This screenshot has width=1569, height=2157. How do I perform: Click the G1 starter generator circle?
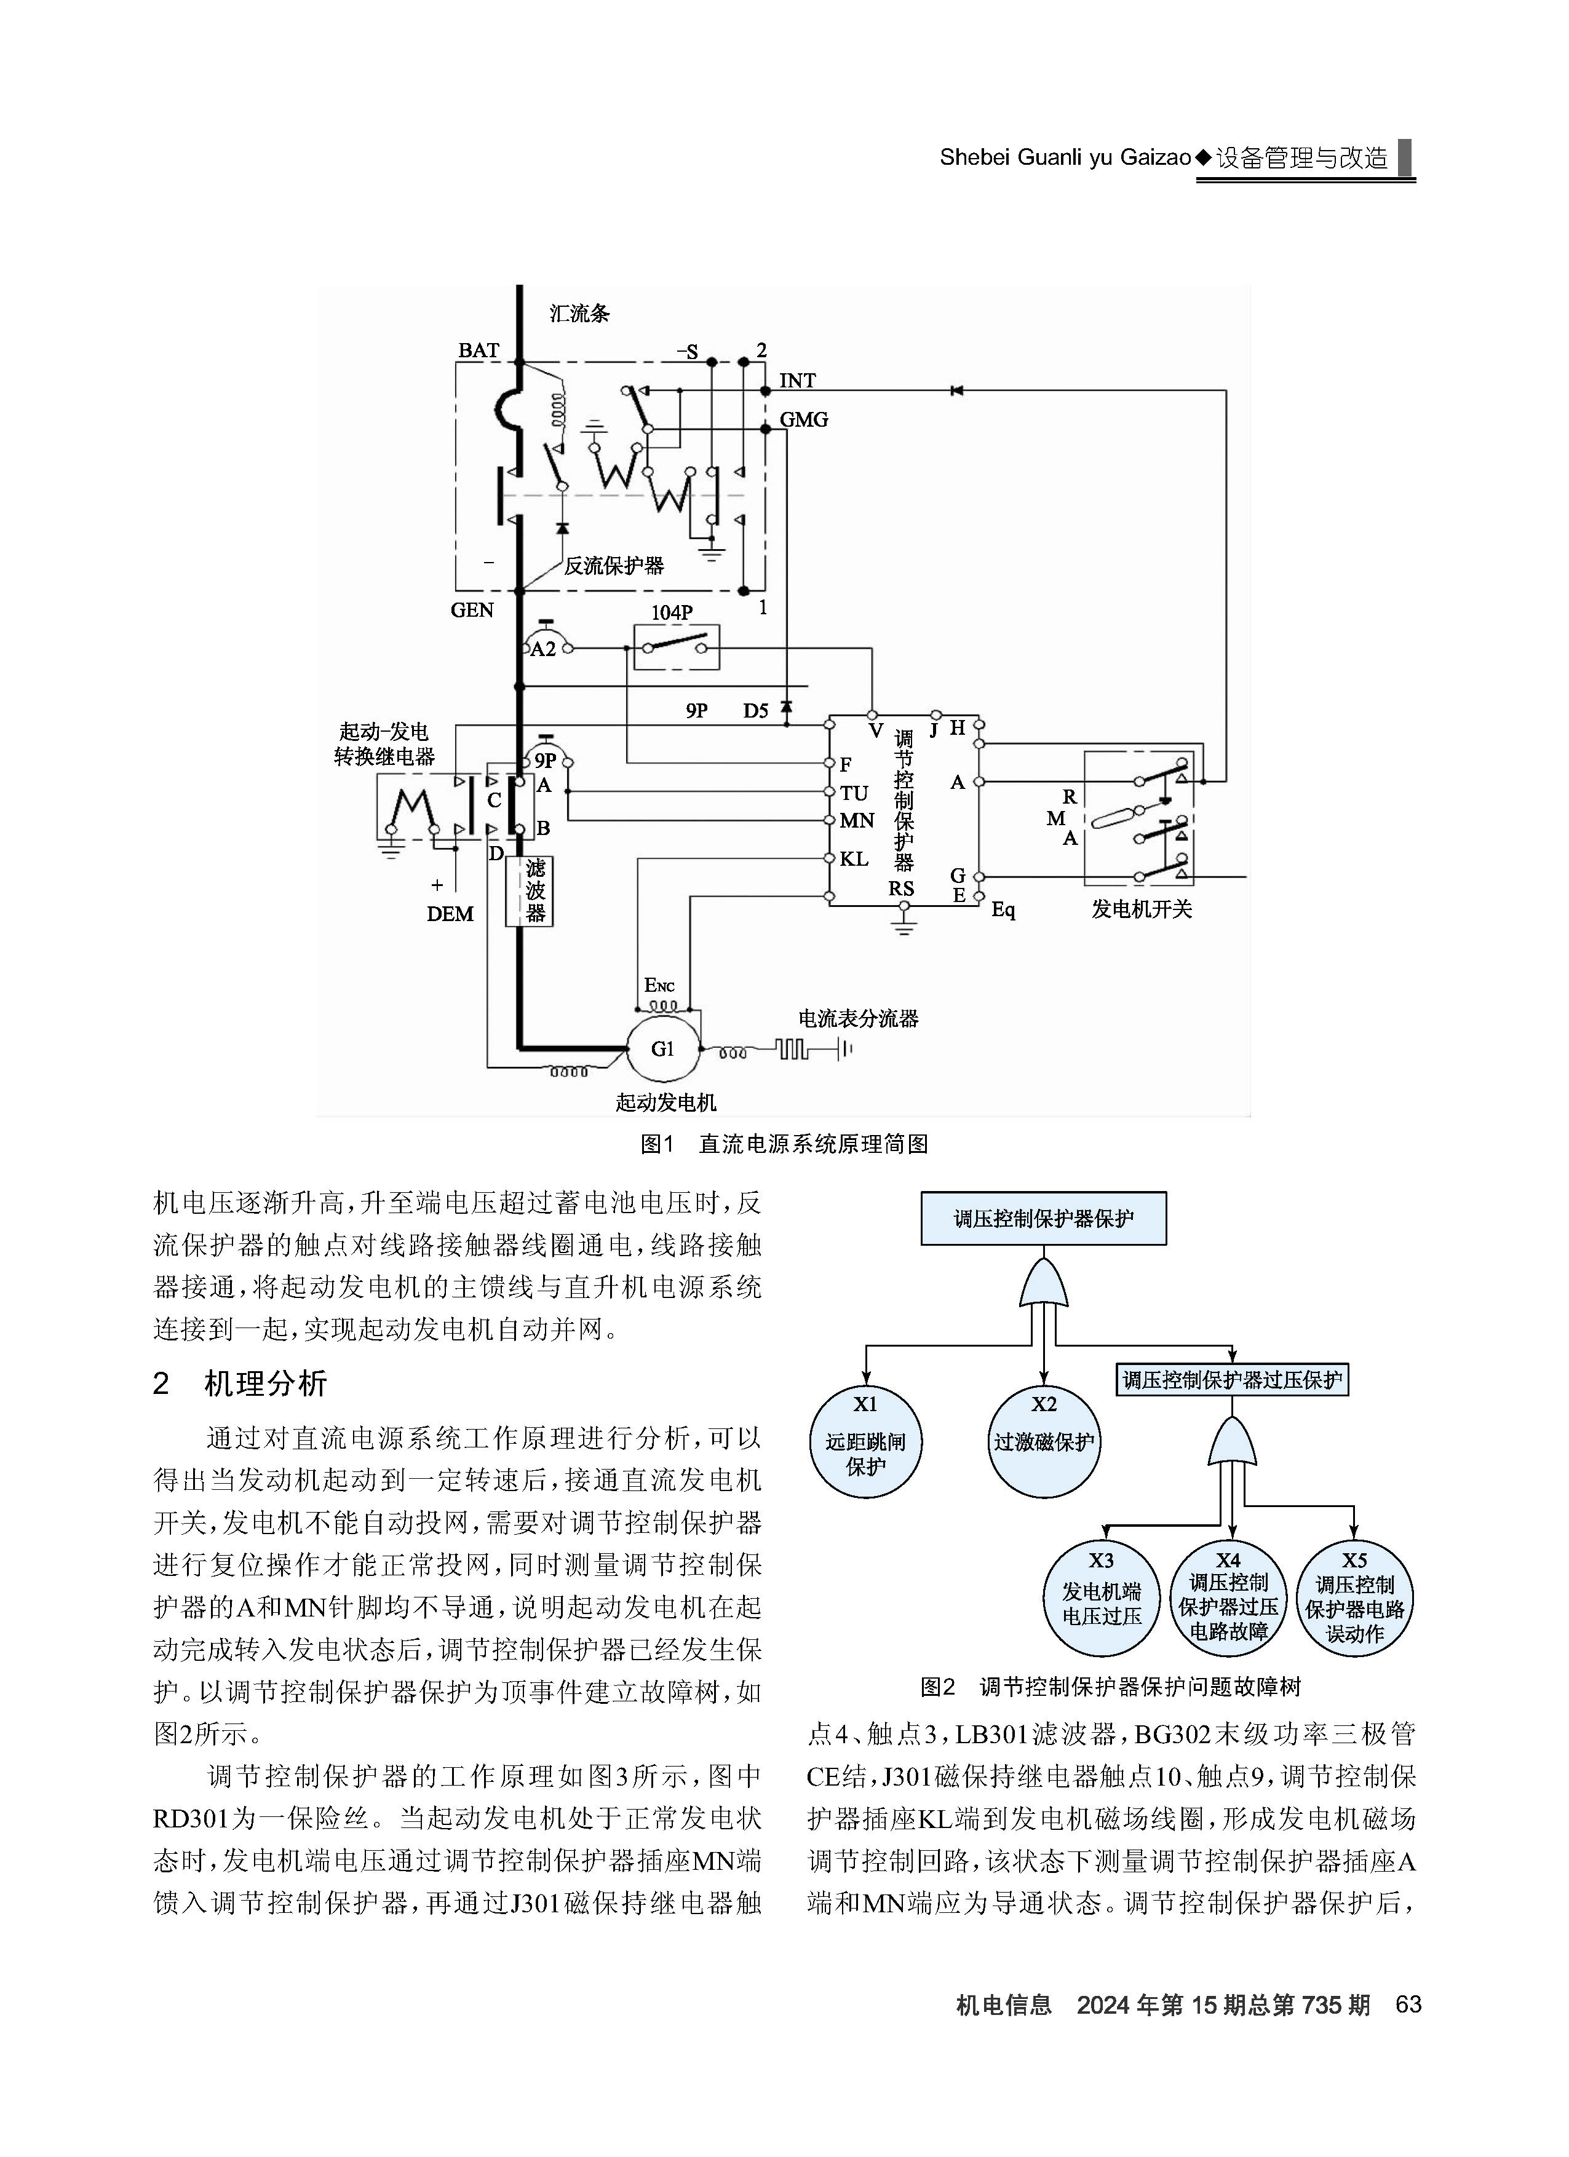pos(662,1049)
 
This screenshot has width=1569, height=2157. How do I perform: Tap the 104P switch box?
pos(677,647)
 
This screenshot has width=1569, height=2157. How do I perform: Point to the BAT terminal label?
pos(479,350)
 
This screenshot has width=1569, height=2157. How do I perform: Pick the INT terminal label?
pos(797,381)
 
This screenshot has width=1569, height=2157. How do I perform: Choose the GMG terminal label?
pos(804,419)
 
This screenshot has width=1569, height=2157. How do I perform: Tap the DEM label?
pos(450,914)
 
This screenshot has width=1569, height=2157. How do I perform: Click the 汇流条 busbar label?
pos(579,313)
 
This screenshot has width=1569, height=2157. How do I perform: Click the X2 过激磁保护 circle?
pos(1044,1442)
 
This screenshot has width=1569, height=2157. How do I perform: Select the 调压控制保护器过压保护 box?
pos(1232,1380)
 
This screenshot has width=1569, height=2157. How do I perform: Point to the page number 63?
pos(1408,2005)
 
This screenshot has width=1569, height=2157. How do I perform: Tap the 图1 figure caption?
pos(785,1144)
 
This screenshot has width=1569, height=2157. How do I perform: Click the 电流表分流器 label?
pos(858,1019)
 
